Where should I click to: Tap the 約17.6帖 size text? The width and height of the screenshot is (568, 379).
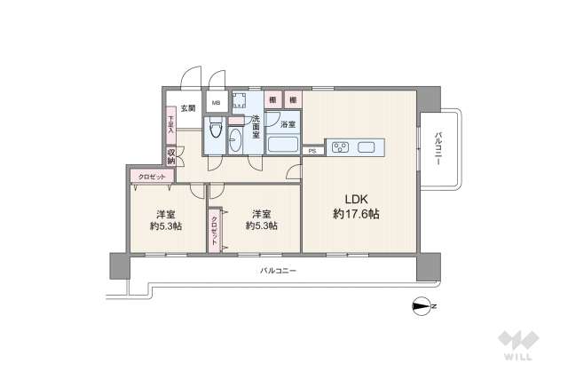[356, 214]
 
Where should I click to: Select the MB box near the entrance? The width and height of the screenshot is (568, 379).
[216, 102]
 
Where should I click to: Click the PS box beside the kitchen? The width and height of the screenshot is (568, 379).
[312, 152]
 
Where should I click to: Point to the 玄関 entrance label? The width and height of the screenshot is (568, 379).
[187, 109]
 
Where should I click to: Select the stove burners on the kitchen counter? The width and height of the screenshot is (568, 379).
[342, 146]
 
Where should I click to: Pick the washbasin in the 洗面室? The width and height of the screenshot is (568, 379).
[234, 141]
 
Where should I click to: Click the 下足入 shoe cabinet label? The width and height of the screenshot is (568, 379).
[170, 122]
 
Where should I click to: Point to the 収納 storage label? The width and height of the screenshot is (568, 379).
[170, 156]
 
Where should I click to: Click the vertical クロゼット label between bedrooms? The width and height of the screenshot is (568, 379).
[214, 228]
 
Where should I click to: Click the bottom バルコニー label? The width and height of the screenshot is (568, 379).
[278, 270]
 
